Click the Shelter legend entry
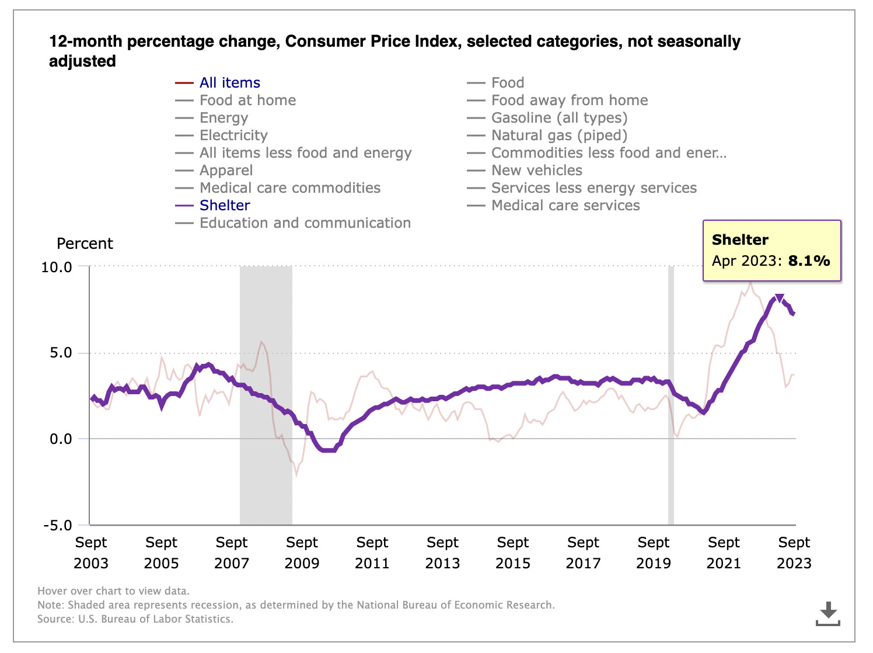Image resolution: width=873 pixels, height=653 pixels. click(225, 206)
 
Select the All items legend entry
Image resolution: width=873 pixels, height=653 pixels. click(229, 83)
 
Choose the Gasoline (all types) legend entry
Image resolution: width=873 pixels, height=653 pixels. click(559, 118)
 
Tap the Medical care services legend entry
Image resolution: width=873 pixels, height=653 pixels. click(565, 206)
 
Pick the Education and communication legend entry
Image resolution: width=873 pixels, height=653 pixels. click(305, 223)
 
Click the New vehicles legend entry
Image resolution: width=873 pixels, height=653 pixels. click(536, 171)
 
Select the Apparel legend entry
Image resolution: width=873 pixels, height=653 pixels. click(226, 171)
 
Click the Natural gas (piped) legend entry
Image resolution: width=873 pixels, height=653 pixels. click(559, 136)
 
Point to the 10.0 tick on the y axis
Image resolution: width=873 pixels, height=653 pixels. click(57, 267)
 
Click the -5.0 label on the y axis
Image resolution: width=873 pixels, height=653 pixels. click(57, 525)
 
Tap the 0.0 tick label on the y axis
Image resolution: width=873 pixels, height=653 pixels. click(61, 439)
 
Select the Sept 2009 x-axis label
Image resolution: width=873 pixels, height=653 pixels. click(302, 553)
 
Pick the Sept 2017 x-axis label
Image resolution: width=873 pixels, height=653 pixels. click(583, 553)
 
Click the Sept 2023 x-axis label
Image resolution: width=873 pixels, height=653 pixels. click(794, 553)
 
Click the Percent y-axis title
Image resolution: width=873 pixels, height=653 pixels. click(85, 244)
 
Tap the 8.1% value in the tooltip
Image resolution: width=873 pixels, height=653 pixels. click(809, 260)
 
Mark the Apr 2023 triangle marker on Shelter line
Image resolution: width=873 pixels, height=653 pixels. click(779, 298)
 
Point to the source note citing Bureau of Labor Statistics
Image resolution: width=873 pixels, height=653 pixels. click(135, 619)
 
